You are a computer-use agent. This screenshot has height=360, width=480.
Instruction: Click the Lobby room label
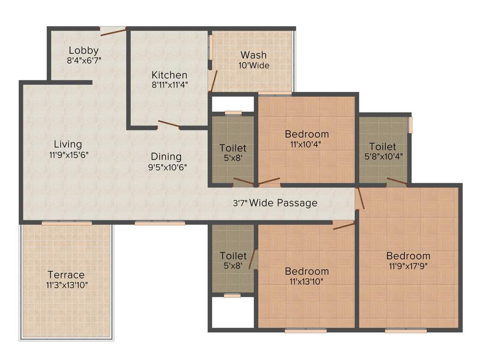[x=83, y=50]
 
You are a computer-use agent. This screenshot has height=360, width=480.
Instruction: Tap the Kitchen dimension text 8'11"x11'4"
[x=169, y=85]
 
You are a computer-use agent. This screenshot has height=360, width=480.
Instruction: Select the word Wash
[x=254, y=55]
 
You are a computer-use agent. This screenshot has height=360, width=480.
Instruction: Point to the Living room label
[x=67, y=144]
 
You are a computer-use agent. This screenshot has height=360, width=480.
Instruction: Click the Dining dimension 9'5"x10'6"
[x=166, y=167]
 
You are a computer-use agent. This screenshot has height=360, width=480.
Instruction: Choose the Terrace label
[x=66, y=275]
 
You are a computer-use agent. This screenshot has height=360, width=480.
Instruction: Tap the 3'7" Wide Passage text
[x=275, y=203]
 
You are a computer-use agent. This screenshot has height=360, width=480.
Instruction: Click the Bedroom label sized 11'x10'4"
[x=307, y=134]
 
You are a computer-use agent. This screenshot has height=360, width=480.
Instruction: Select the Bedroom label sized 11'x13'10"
[x=307, y=271]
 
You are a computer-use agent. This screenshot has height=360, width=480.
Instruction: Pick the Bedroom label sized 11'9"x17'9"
[x=408, y=255]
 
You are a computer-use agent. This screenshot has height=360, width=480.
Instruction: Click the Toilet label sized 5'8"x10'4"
[x=382, y=146]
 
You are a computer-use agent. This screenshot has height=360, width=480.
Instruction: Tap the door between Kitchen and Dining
[x=169, y=124]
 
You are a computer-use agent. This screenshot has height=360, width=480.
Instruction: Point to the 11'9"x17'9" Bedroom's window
[x=406, y=331]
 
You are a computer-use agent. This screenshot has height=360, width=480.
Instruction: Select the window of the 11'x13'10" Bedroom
[x=306, y=331]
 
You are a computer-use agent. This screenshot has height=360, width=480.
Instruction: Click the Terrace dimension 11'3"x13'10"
[x=67, y=285]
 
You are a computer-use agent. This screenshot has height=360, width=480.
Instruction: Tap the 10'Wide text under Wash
[x=254, y=66]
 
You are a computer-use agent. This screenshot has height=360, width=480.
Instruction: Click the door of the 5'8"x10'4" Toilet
[x=397, y=182]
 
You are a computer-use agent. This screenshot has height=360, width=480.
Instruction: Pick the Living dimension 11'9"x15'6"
[x=68, y=155]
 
